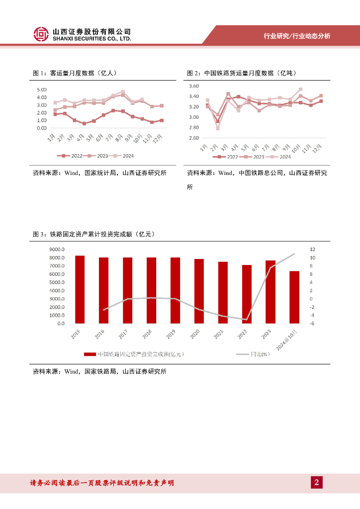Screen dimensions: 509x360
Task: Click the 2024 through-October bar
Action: (x=294, y=297)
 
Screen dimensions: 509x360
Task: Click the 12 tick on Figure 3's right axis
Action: (x=312, y=249)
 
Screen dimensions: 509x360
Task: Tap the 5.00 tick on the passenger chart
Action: (x=41, y=89)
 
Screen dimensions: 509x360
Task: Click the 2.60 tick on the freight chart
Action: (x=193, y=138)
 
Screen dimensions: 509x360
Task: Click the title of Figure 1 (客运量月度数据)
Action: (x=75, y=73)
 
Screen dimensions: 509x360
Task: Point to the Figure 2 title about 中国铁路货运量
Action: (x=241, y=73)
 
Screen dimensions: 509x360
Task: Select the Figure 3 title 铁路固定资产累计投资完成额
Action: (x=94, y=234)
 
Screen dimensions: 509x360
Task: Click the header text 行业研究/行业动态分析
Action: (x=296, y=36)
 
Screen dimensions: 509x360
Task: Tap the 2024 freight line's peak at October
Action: (x=300, y=89)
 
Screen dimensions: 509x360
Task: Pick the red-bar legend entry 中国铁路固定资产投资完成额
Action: (x=134, y=354)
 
